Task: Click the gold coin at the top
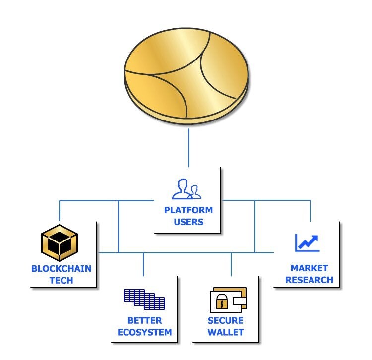(186, 76)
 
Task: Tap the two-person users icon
(186, 189)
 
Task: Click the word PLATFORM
(188, 210)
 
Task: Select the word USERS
(188, 222)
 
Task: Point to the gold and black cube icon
(60, 242)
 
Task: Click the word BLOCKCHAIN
(61, 269)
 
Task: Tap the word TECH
(61, 280)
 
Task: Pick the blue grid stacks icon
(144, 300)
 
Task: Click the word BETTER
(145, 321)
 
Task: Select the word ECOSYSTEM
(145, 332)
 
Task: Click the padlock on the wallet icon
(222, 301)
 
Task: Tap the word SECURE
(225, 321)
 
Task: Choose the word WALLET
(225, 332)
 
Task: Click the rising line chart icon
(308, 243)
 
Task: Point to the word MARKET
(310, 268)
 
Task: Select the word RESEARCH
(310, 280)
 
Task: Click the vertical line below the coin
(189, 148)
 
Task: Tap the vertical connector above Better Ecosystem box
(143, 264)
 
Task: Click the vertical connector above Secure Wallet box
(231, 264)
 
